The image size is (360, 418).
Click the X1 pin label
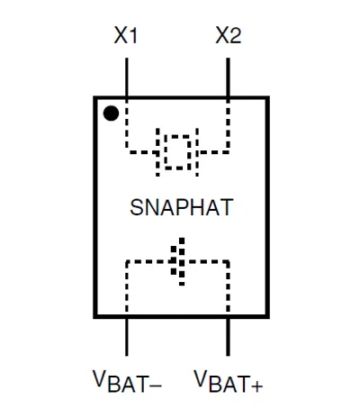click(126, 35)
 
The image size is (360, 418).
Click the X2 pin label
click(229, 35)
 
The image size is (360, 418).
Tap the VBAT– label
click(127, 381)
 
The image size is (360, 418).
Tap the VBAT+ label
click(229, 381)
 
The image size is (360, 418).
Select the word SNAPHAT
click(182, 207)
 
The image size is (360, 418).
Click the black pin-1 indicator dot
click(111, 114)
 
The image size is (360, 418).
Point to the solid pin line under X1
click(127, 77)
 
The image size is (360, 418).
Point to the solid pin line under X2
click(228, 77)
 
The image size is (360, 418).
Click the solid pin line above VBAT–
click(127, 337)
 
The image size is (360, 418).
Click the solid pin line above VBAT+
click(228, 337)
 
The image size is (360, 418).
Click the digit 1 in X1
click(134, 35)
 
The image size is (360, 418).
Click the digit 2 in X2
click(235, 35)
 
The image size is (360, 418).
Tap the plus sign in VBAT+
click(256, 385)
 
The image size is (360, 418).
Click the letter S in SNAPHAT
click(137, 207)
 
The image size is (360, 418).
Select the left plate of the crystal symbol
click(157, 152)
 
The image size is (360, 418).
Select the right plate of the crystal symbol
click(197, 152)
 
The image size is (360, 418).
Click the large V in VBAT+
click(200, 378)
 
